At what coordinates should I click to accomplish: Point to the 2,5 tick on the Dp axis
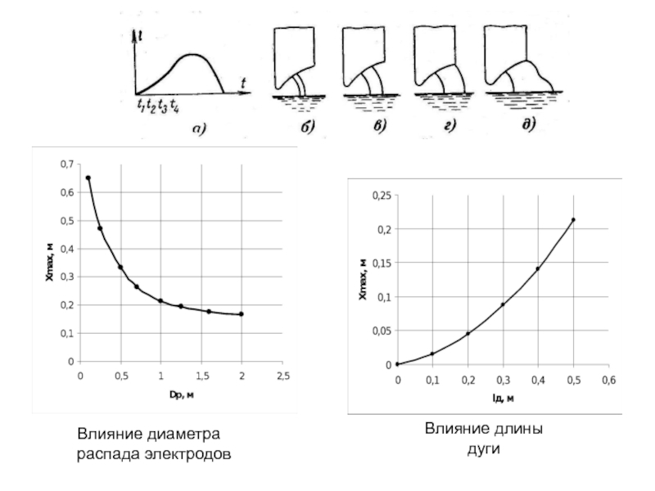click(282, 376)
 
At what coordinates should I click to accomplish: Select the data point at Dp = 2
click(242, 314)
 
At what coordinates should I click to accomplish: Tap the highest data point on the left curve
click(88, 178)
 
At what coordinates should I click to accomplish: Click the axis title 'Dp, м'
click(181, 395)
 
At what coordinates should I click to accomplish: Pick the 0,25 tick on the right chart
click(382, 196)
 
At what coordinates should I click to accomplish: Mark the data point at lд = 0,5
click(573, 219)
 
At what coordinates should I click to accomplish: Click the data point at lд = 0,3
click(503, 304)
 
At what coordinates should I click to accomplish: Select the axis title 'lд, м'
click(503, 399)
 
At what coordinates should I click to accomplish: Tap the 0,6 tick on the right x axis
click(608, 380)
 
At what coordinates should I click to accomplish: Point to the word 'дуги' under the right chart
click(484, 449)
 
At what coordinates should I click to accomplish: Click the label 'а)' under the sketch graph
click(199, 128)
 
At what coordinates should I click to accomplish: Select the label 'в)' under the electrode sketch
click(379, 125)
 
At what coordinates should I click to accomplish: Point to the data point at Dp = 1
click(160, 300)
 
